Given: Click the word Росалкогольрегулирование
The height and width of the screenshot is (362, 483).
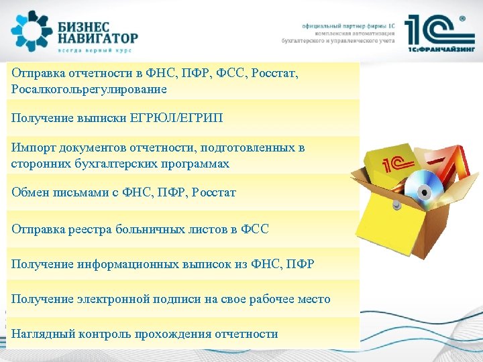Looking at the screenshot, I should [x=89, y=88].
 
